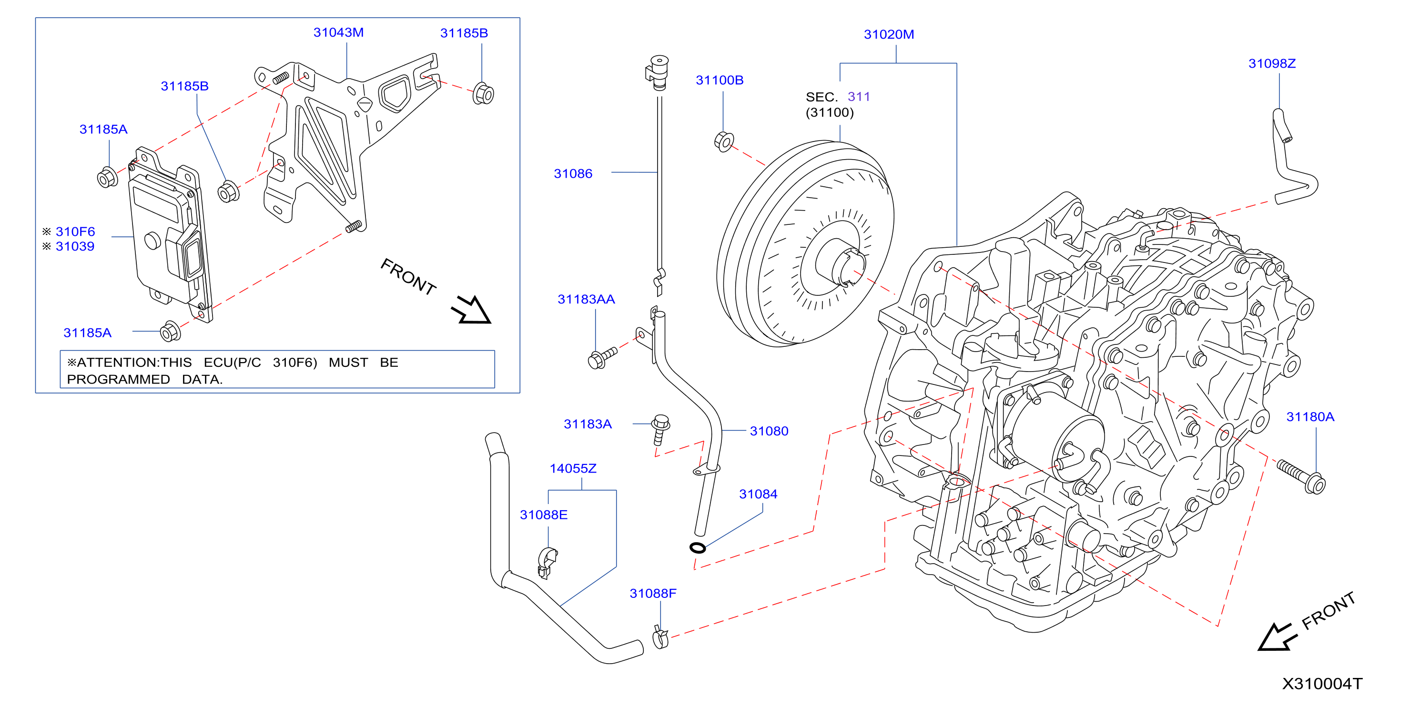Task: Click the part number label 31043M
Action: [x=338, y=32]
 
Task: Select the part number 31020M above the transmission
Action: [x=889, y=35]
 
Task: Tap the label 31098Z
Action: [x=1272, y=64]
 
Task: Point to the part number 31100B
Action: [x=720, y=81]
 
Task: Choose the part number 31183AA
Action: [x=586, y=300]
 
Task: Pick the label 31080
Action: [x=769, y=432]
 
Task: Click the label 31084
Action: [x=758, y=495]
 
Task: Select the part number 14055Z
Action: [x=573, y=469]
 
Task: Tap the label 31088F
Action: [x=653, y=594]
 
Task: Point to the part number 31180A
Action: [x=1310, y=417]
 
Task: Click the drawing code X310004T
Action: [x=1322, y=684]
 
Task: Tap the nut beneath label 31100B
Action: [x=724, y=141]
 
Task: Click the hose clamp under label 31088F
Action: [x=659, y=637]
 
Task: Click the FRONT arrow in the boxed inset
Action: [x=471, y=310]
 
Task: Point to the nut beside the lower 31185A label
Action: [x=170, y=332]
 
